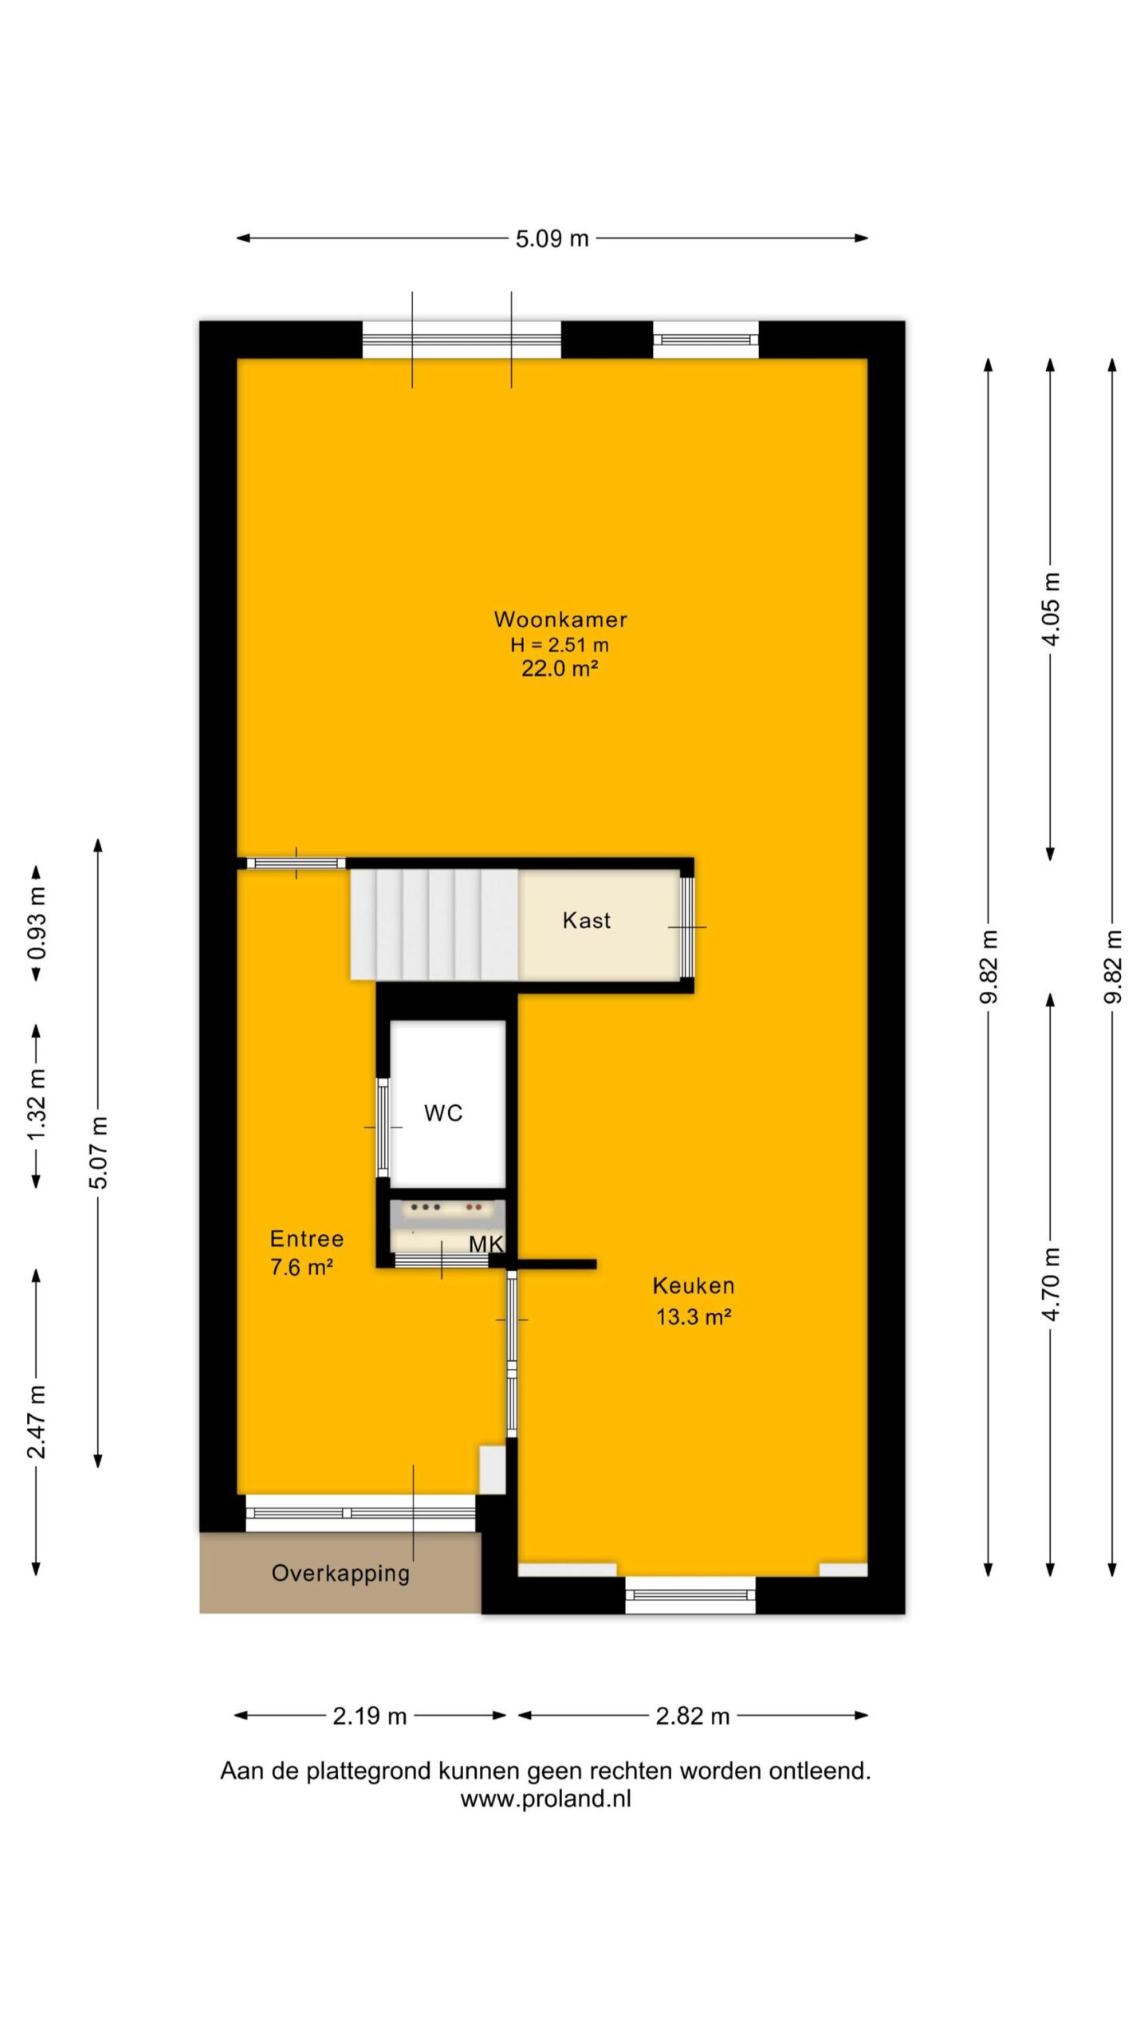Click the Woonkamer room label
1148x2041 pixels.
pos(560,619)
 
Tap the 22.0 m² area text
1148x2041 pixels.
pos(560,668)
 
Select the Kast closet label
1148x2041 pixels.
pos(587,920)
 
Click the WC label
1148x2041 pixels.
pos(443,1113)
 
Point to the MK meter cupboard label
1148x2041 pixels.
pos(486,1244)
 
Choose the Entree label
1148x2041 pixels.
pos(307,1238)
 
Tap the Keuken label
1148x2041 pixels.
pos(694,1285)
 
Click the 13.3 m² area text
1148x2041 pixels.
pos(694,1316)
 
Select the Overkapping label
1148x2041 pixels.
pos(340,1574)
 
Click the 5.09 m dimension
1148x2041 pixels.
pos(552,238)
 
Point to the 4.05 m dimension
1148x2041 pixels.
pos(1051,610)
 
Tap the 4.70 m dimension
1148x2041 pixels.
pos(1051,1284)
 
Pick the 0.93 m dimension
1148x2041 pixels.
pos(37,923)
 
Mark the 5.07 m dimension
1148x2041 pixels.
pos(98,1152)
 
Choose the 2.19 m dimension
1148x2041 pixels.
pos(370,1716)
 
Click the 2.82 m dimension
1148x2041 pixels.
pos(693,1716)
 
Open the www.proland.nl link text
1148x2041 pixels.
pos(545,1799)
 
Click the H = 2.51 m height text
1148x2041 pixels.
pos(560,644)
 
